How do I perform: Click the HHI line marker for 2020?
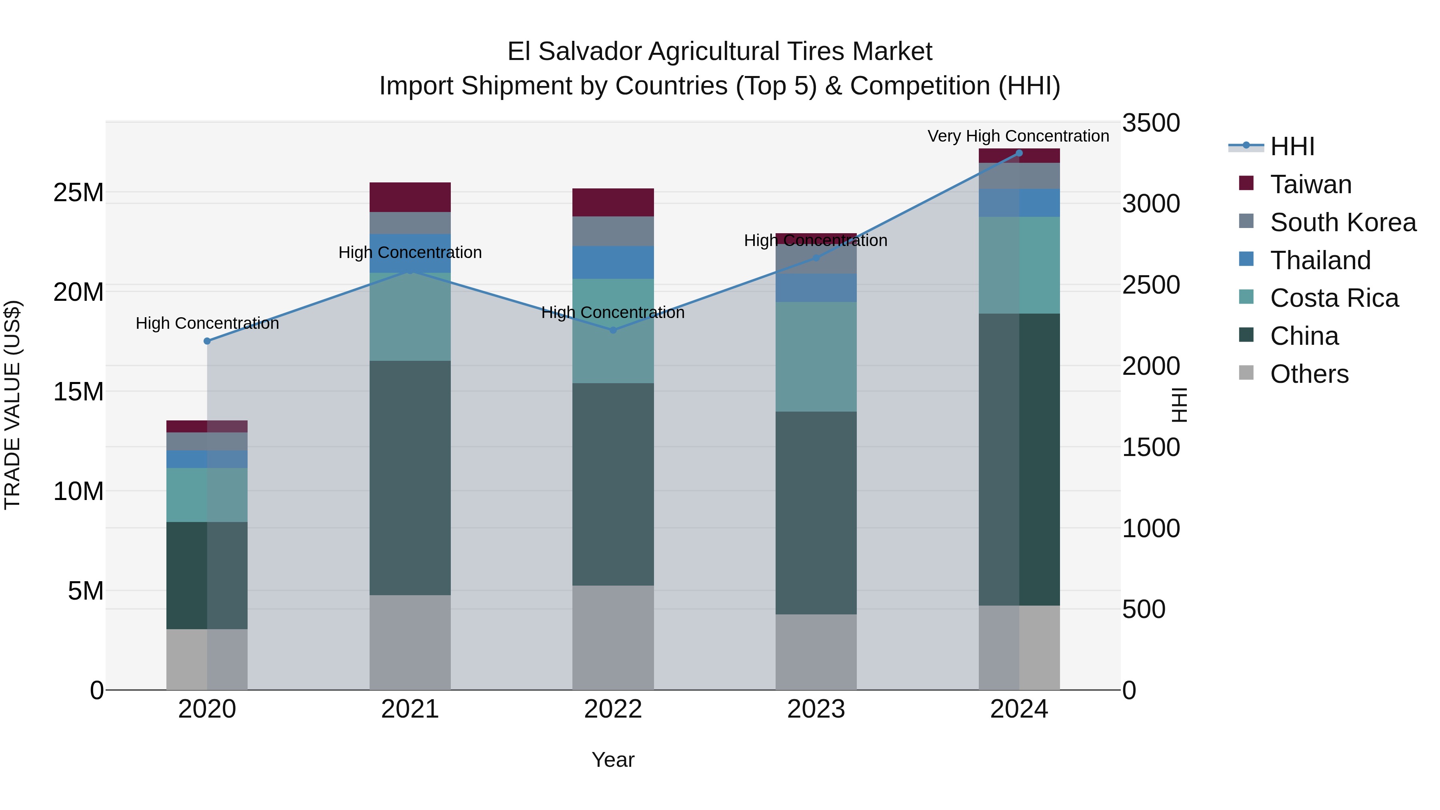207,341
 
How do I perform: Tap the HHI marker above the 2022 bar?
613,330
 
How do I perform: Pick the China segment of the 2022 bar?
613,484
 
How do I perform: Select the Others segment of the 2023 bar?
816,652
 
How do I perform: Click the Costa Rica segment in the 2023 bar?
816,357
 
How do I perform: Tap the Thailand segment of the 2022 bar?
613,262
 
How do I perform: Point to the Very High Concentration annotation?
1018,136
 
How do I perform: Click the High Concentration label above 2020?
207,323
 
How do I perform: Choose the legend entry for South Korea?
1343,222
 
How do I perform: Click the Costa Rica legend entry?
1334,298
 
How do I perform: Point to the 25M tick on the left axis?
78,193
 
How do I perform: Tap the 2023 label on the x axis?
816,709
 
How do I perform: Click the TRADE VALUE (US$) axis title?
12,405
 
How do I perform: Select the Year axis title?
613,760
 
